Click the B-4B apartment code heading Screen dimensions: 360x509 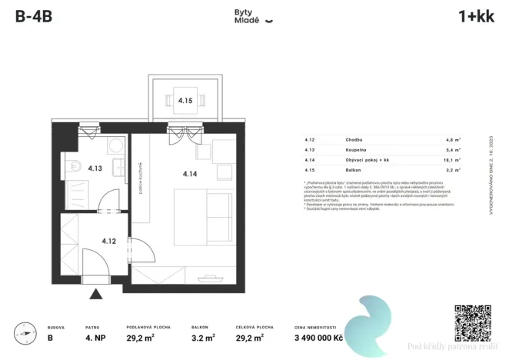click(x=33, y=17)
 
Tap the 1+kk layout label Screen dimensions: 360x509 click(x=475, y=17)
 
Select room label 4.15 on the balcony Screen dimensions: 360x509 click(x=185, y=100)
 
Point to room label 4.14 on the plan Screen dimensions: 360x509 click(x=190, y=174)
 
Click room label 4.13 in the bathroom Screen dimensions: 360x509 click(x=95, y=168)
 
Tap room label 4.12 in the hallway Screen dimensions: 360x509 click(x=108, y=241)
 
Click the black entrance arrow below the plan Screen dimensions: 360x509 click(x=95, y=293)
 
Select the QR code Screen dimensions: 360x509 click(x=472, y=322)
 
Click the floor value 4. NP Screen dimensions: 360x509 click(x=95, y=337)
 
